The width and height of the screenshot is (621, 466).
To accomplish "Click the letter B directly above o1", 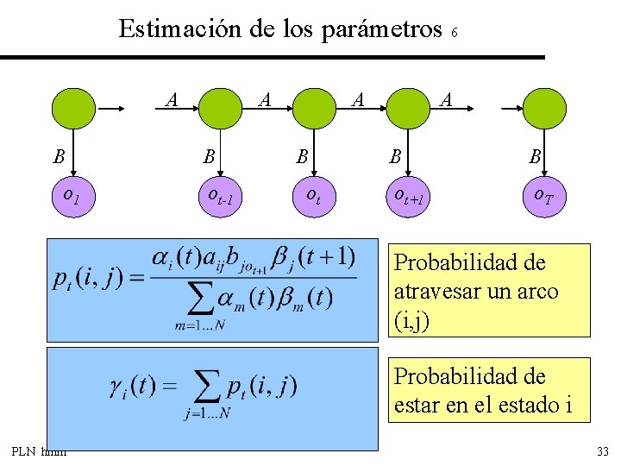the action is coord(59,157).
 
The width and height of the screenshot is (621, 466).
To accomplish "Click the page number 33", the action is coord(602,451).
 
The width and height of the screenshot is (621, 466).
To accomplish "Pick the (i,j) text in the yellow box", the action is coord(411,320).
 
